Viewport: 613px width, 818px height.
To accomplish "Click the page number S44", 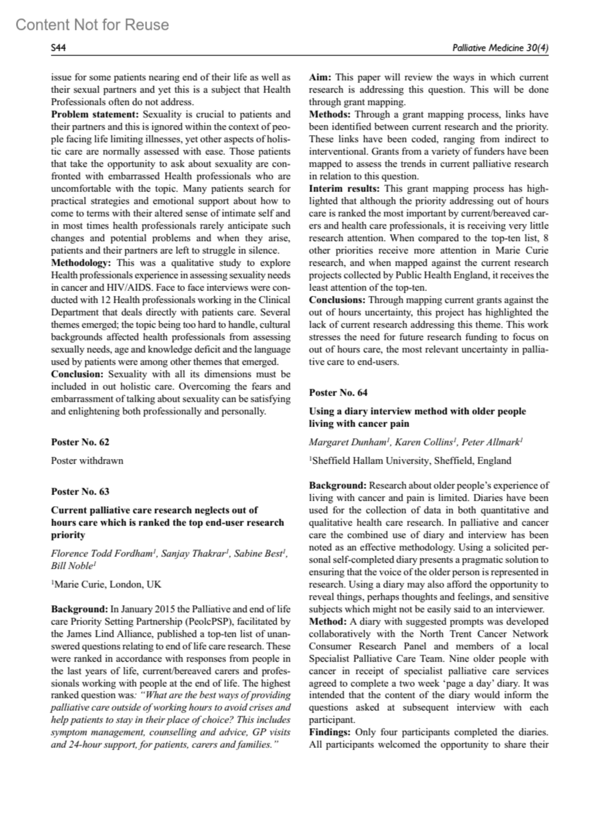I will [x=59, y=48].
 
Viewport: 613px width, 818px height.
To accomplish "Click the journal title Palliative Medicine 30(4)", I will [x=500, y=48].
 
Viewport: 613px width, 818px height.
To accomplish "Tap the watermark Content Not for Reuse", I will [x=92, y=25].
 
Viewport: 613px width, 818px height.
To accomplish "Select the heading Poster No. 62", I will [x=80, y=442].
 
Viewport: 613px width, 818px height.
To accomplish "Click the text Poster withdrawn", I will [x=87, y=460].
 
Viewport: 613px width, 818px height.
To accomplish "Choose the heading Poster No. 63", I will [x=80, y=492].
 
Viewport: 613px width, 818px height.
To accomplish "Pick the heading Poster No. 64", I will [x=338, y=392].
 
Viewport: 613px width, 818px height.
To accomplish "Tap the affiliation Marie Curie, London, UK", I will [x=107, y=584].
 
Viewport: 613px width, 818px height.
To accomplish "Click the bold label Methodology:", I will [x=81, y=263].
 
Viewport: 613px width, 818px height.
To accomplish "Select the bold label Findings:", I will [x=329, y=732].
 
